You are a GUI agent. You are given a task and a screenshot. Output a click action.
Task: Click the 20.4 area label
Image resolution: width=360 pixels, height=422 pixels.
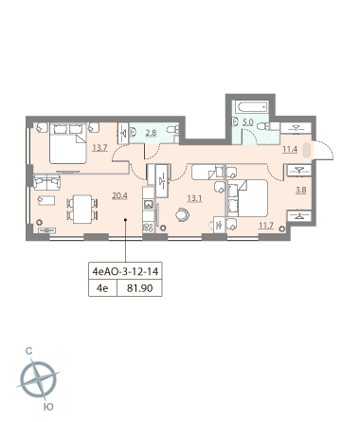click(119, 196)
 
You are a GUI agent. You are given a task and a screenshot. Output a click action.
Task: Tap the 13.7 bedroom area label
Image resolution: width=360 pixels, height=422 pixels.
click(99, 148)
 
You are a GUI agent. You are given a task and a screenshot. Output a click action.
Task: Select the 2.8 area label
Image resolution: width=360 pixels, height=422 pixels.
click(151, 133)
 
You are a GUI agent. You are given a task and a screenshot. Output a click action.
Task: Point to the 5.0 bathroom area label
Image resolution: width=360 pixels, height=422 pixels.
click(248, 122)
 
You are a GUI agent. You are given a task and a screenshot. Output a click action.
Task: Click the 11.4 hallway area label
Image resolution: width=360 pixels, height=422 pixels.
click(290, 149)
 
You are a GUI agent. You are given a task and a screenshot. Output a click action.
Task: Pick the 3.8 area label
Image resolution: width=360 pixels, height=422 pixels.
click(300, 190)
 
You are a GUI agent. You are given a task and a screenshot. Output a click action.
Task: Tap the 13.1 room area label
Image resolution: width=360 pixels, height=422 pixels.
click(194, 198)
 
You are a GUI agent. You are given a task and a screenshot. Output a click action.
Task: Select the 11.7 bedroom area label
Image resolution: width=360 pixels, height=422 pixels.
click(266, 226)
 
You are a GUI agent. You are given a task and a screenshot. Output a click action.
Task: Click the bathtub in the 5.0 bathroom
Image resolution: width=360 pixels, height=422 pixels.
click(253, 107)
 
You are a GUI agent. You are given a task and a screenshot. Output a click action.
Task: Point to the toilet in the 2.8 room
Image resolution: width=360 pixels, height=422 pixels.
click(172, 129)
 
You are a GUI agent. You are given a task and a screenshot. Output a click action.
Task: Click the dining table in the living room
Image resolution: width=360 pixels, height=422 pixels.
click(81, 210)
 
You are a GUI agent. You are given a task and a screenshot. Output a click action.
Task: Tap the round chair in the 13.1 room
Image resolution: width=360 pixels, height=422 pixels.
click(183, 214)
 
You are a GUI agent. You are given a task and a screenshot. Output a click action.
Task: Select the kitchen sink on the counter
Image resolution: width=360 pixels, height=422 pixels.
click(149, 204)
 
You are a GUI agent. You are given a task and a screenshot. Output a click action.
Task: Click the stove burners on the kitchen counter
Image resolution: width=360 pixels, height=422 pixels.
click(149, 228)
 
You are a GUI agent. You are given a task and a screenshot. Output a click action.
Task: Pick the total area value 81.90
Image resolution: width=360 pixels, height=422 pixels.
click(140, 288)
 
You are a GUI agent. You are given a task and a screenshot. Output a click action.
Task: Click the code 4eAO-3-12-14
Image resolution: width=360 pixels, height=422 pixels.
click(125, 271)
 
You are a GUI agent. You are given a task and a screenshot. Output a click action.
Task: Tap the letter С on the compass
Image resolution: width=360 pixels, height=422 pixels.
click(28, 351)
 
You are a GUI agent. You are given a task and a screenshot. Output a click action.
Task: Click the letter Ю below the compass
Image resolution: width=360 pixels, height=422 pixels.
click(48, 407)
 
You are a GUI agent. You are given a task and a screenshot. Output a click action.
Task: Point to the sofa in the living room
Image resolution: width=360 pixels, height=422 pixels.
click(46, 182)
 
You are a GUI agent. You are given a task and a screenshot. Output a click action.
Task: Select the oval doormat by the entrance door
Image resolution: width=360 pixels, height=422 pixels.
click(307, 151)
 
